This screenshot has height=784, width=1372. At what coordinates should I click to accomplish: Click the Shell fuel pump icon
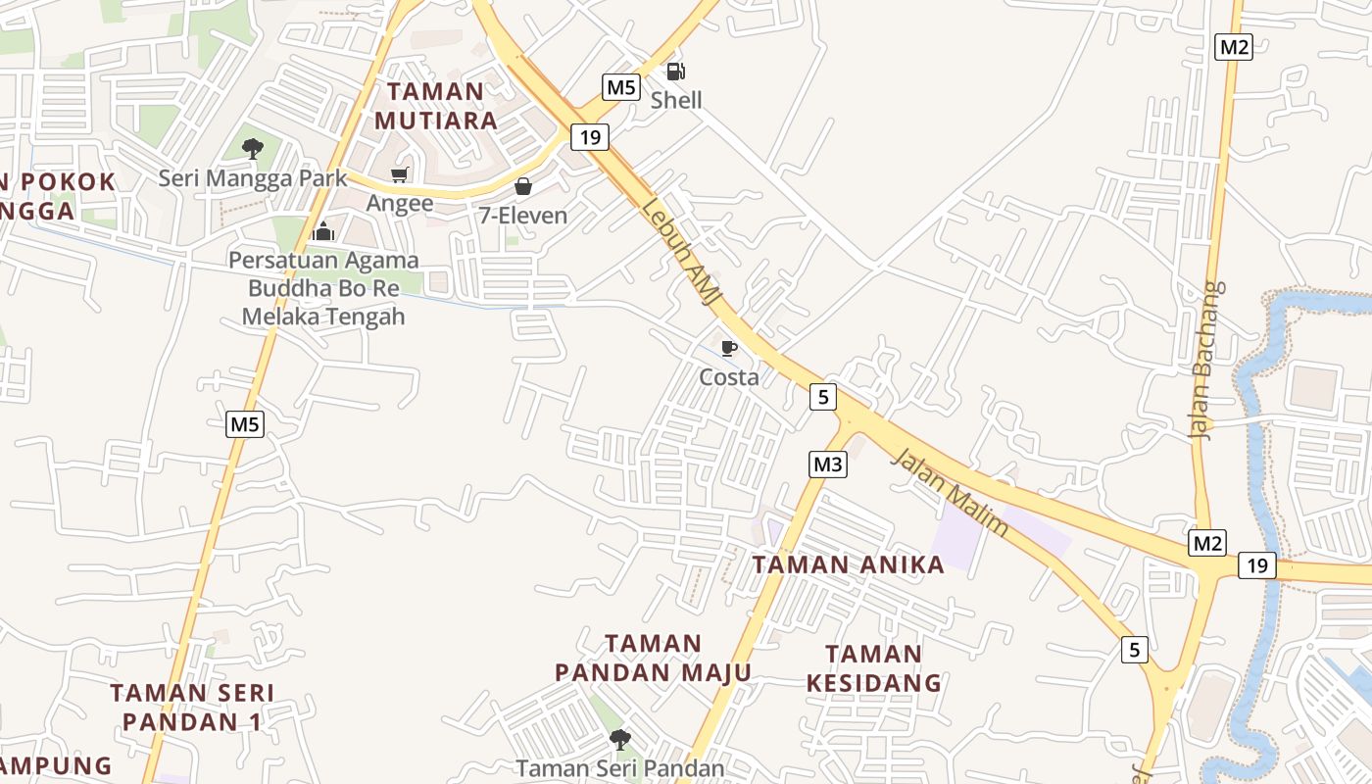[x=675, y=71]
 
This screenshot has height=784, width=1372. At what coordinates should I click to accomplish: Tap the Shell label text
[x=676, y=100]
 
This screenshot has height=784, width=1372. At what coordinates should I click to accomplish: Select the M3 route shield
[x=828, y=464]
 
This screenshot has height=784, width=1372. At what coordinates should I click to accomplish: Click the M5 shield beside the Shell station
[x=621, y=87]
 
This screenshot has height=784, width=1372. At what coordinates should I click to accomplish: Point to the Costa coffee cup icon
[x=728, y=348]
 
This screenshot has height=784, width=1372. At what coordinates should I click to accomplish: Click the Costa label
[x=728, y=377]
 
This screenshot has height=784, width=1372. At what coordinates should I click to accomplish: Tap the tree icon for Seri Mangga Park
[x=253, y=149]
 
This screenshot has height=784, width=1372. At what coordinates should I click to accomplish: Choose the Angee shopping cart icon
[x=399, y=175]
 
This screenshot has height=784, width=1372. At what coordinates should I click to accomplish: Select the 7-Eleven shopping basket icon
[x=523, y=186]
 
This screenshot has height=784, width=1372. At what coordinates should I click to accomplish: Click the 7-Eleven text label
[x=523, y=215]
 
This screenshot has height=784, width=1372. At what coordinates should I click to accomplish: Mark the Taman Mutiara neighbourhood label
[x=435, y=106]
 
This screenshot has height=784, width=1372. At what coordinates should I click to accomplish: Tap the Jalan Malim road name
[x=950, y=493]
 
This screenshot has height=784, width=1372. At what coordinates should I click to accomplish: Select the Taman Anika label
[x=848, y=564]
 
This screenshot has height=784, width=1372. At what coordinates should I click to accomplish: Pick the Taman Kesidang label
[x=873, y=668]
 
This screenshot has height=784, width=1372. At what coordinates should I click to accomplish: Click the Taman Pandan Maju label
[x=653, y=659]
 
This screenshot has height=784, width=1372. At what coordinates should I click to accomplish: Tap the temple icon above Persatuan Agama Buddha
[x=323, y=231]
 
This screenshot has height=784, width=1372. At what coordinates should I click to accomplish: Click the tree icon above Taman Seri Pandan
[x=619, y=739]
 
